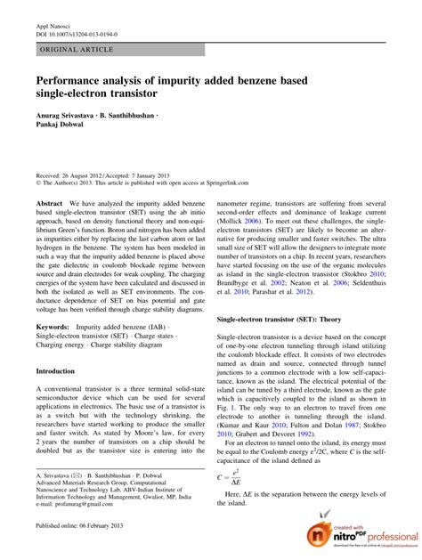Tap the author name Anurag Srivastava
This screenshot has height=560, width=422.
pos(65,113)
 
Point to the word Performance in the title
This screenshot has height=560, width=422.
pos(70,81)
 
